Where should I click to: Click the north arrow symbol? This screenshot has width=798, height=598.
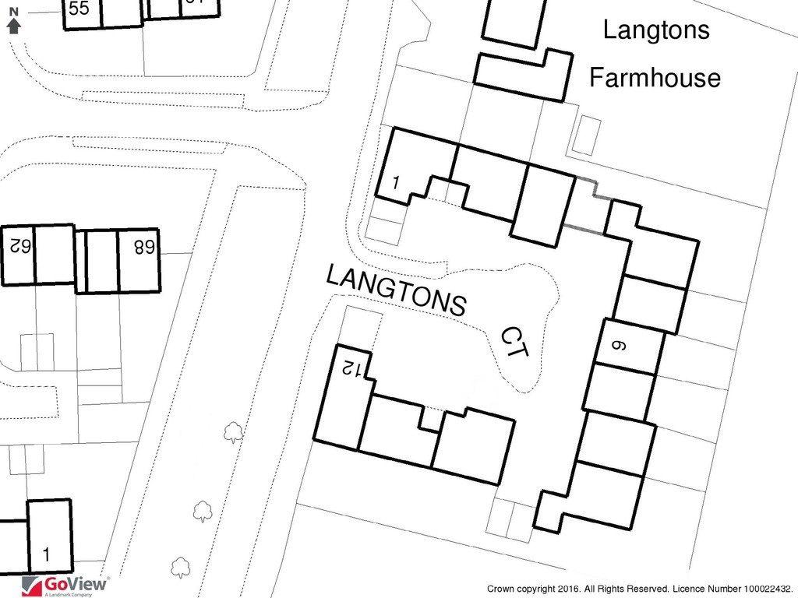click(x=14, y=26)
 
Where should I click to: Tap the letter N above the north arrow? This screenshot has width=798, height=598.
click(x=14, y=12)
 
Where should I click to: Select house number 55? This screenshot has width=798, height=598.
click(x=79, y=8)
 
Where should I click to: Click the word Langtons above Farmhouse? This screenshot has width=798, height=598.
click(x=656, y=30)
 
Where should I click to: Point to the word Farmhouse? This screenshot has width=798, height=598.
click(x=655, y=78)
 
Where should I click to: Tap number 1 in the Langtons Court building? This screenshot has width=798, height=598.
click(x=397, y=181)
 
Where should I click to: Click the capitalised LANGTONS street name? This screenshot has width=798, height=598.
click(x=396, y=290)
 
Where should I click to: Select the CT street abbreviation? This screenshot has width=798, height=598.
click(x=515, y=343)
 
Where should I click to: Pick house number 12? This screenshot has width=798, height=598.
click(x=353, y=368)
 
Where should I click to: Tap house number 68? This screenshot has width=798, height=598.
click(x=144, y=247)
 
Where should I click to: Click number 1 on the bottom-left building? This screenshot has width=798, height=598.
click(x=47, y=554)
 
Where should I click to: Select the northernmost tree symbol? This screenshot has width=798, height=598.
click(x=233, y=432)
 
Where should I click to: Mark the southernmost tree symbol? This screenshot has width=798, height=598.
click(x=181, y=568)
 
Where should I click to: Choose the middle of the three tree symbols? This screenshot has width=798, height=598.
click(x=203, y=511)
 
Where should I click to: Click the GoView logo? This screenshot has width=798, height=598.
click(x=64, y=586)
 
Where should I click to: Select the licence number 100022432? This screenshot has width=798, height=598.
click(x=765, y=589)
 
